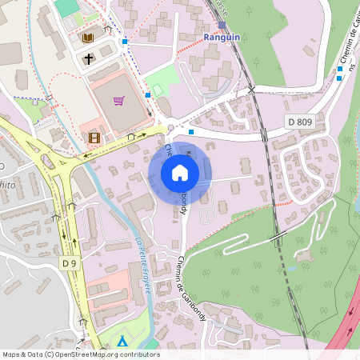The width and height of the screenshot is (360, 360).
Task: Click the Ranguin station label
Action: (222, 37)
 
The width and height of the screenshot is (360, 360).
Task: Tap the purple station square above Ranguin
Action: (222, 25)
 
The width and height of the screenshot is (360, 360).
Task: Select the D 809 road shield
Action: (299, 122)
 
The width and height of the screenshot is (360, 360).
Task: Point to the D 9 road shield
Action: (69, 262)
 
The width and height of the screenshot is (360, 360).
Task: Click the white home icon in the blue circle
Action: (179, 173)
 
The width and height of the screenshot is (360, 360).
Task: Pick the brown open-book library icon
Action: (88, 38)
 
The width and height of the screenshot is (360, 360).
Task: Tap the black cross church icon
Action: (88, 59)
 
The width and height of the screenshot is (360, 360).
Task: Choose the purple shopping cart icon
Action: (118, 101)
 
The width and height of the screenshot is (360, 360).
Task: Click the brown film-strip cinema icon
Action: (95, 138)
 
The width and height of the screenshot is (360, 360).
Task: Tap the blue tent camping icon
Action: (122, 342)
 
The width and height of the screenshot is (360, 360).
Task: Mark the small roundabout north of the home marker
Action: (170, 129)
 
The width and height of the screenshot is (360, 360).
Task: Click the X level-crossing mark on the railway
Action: (251, 90)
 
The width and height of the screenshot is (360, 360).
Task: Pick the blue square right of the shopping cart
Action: (148, 95)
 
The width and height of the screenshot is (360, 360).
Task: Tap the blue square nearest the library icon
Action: (125, 42)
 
